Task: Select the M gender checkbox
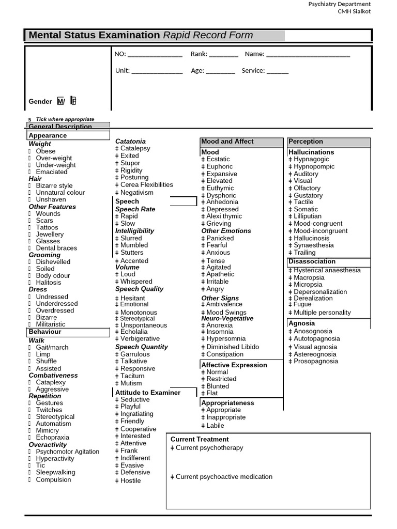(61, 101)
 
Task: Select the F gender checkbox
(73, 101)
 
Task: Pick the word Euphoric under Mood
(219, 167)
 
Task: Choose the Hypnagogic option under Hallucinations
(311, 160)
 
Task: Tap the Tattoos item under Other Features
(47, 227)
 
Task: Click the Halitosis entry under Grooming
(48, 283)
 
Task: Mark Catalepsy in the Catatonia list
(135, 148)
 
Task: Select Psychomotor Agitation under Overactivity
(67, 452)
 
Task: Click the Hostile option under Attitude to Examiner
(130, 480)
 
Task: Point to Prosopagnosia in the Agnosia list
(316, 361)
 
